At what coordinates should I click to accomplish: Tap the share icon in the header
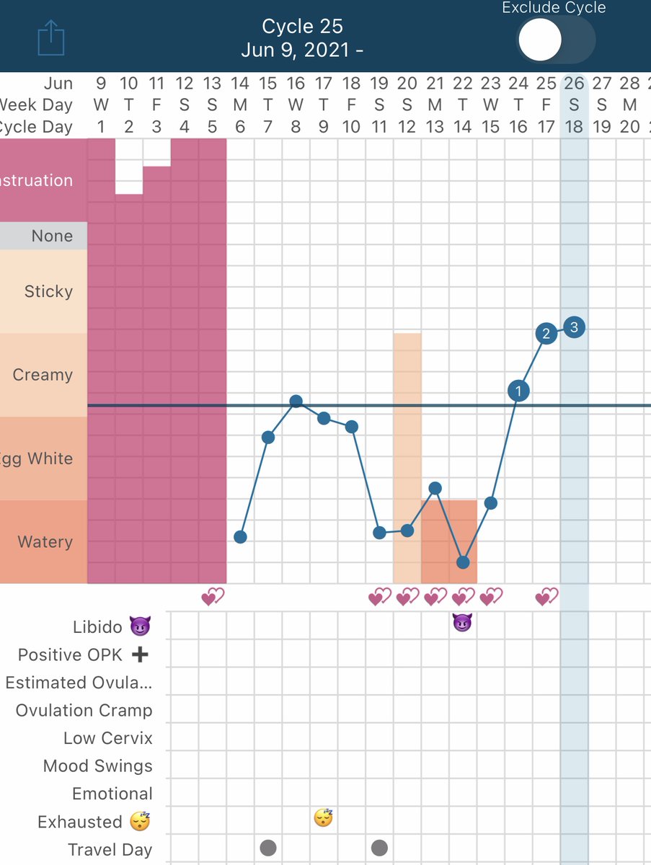click(51, 38)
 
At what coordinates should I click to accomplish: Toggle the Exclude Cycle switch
click(556, 40)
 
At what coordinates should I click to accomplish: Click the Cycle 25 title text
click(302, 27)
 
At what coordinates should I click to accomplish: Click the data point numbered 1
click(518, 391)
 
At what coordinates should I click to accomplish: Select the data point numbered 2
click(546, 334)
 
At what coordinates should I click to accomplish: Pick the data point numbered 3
click(574, 327)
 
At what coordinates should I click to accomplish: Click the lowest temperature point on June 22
click(463, 562)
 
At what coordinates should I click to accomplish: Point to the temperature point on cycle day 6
click(240, 537)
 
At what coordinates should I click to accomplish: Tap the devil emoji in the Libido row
click(462, 623)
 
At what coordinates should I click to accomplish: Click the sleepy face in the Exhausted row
click(324, 817)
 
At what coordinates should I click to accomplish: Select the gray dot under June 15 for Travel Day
click(268, 848)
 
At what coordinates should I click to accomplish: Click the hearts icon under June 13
click(213, 597)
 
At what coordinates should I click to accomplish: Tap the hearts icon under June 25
click(546, 597)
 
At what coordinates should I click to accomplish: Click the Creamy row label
click(43, 375)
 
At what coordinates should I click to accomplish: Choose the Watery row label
click(45, 542)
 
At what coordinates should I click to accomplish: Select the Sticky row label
click(48, 291)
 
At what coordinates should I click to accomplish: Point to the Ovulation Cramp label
click(84, 710)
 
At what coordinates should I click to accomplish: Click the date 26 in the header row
click(574, 83)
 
